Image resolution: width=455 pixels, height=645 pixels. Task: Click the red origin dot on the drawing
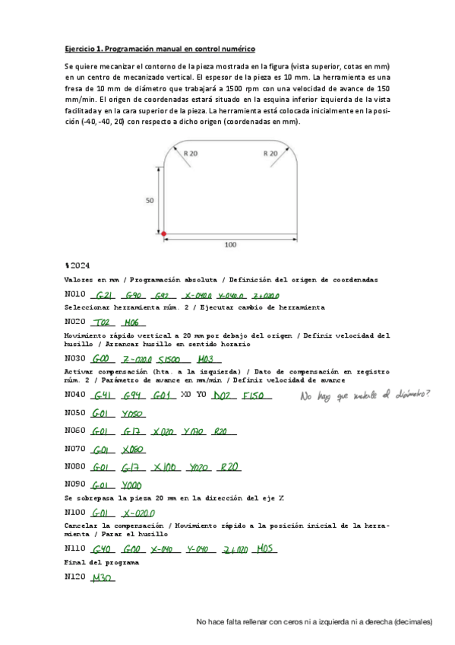point(163,234)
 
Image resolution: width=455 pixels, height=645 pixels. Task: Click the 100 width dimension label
point(230,245)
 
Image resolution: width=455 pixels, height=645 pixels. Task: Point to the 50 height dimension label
point(149,201)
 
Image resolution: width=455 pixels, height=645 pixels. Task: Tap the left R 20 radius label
point(189,153)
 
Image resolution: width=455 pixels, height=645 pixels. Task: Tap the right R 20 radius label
point(270,153)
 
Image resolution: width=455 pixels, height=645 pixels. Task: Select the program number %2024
point(77,265)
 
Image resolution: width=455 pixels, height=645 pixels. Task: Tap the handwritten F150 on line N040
point(252,396)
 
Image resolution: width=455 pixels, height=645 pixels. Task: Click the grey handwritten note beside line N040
point(365,395)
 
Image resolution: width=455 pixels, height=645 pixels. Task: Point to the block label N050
point(74,414)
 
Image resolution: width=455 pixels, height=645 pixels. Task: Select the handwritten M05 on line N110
point(267,548)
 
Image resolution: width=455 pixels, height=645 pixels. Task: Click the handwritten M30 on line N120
point(102,578)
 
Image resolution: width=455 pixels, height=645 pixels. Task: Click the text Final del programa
point(101,562)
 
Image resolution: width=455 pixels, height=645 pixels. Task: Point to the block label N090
point(74,484)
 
